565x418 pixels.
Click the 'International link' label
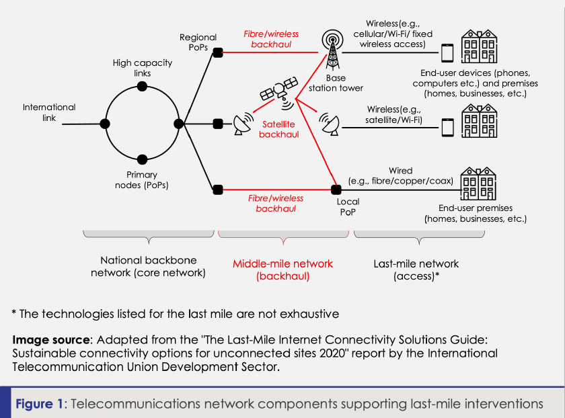pos(49,112)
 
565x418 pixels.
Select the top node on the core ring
pos(142,86)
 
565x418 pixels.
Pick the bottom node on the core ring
pos(142,159)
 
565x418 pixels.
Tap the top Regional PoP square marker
pos(217,51)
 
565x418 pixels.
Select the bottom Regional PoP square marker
pos(217,190)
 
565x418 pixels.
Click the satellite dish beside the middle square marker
pos(242,124)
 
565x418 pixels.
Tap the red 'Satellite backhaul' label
pos(277,129)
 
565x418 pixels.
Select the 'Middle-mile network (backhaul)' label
pos(282,269)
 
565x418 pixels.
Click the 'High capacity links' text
pos(142,68)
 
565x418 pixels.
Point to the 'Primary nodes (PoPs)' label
pos(142,179)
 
